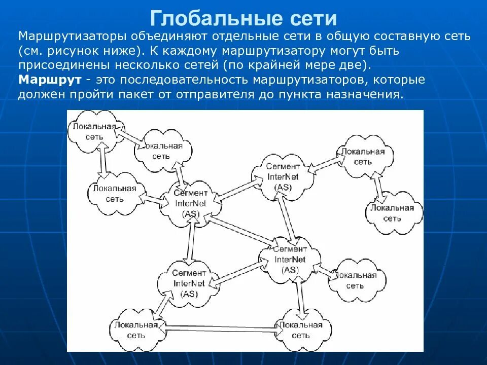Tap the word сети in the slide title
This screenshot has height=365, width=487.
click(314, 18)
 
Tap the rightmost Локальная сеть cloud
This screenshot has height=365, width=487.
click(392, 213)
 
